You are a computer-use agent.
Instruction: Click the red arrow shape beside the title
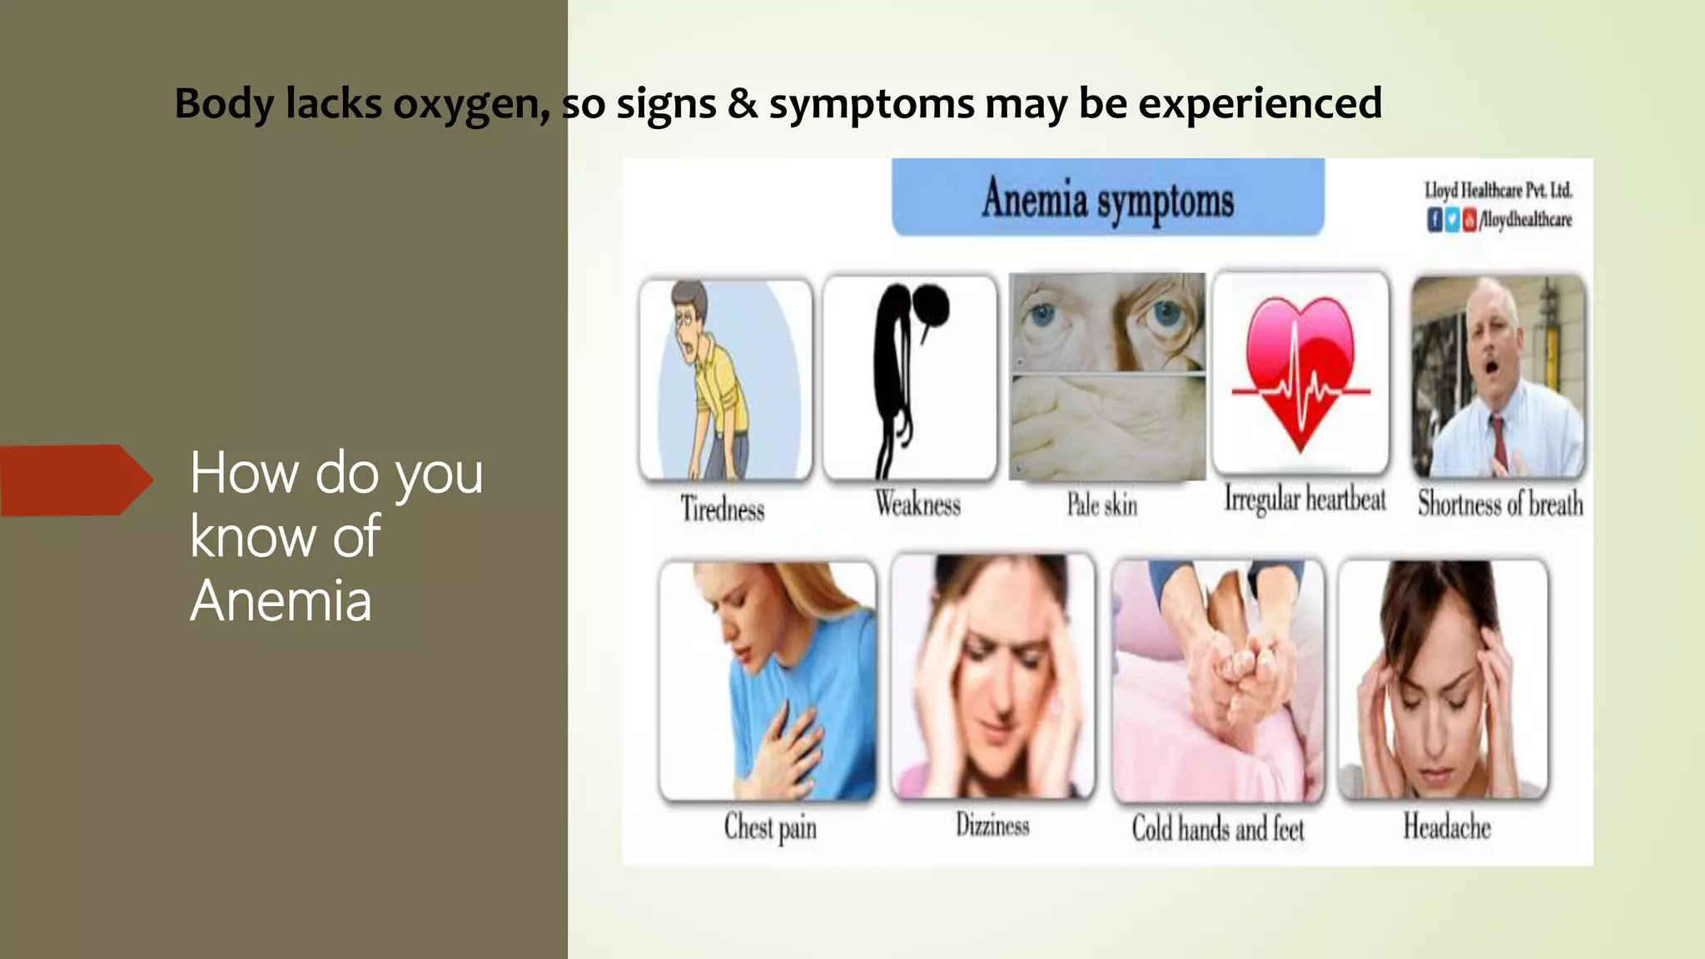75,480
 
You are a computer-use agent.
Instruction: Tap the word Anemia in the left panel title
281,600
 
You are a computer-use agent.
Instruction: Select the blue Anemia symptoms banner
1107,198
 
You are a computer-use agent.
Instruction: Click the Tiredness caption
723,508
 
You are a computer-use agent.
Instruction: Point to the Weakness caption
917,504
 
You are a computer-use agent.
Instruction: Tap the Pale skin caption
1102,504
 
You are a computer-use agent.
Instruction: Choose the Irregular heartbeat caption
1305,499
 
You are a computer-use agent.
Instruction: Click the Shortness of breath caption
1500,504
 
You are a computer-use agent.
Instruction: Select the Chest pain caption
770,827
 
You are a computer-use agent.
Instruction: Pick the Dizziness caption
992,825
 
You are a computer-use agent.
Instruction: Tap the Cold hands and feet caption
1217,829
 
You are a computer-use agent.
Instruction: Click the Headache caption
1447,827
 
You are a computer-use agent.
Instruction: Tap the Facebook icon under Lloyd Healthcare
1434,220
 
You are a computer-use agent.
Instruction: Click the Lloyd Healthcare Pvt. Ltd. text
1498,190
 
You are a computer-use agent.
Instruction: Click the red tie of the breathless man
1499,442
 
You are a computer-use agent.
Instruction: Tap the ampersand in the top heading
743,105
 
